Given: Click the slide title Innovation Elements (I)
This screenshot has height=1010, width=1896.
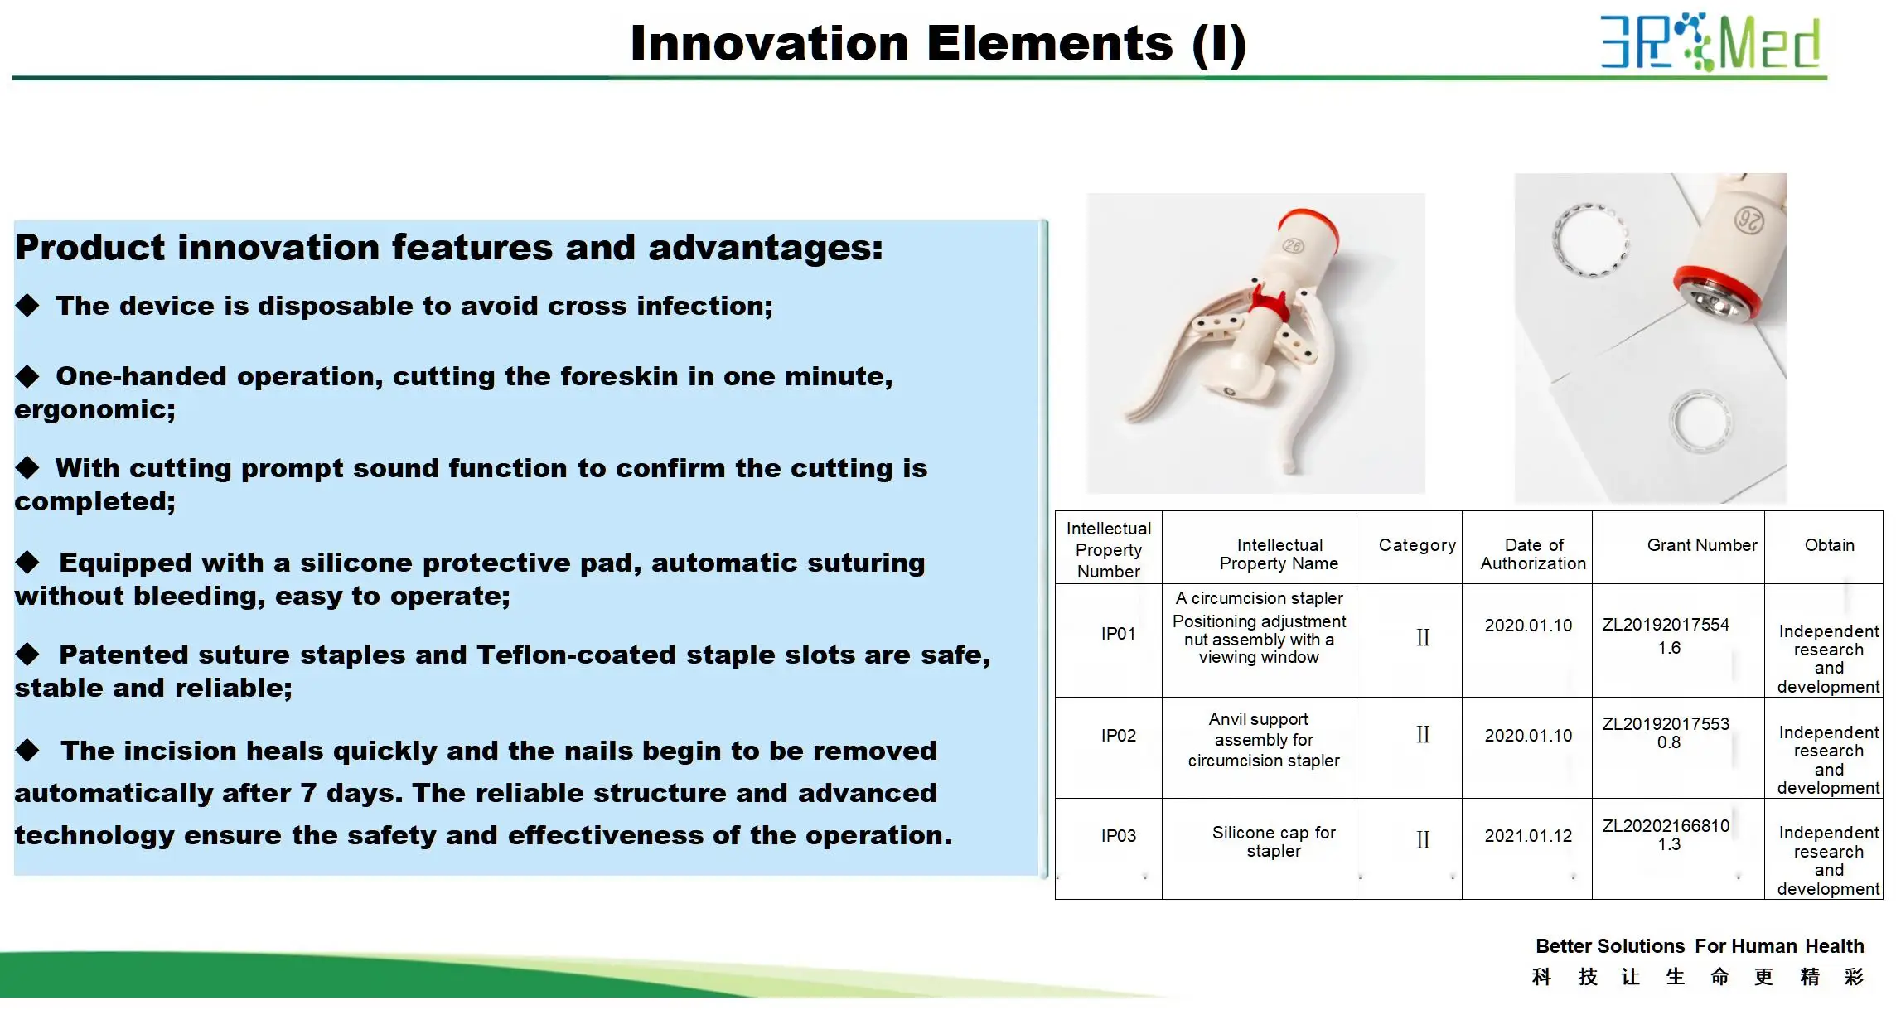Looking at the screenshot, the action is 938,43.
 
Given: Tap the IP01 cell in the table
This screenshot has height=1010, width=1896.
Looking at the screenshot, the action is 1118,634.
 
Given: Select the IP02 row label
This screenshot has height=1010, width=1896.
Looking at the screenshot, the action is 1118,736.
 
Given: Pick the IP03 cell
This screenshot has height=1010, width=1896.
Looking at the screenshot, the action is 1118,836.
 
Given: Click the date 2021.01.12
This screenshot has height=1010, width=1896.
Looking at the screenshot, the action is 1528,836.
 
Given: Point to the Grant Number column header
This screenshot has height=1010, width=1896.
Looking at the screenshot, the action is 1702,545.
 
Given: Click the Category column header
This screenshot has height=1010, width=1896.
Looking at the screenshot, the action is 1417,545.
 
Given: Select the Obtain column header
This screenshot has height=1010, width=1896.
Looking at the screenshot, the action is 1830,545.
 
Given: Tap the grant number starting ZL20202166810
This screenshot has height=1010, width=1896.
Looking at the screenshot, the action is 1666,834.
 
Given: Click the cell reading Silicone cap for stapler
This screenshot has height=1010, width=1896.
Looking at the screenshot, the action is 1274,841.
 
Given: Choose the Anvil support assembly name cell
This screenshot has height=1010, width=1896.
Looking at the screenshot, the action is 1264,740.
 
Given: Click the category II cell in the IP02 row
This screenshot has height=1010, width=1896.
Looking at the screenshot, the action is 1423,735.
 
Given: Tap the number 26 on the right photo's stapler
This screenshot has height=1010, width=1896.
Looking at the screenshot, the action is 1749,220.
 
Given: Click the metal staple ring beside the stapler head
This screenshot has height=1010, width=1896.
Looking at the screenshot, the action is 1590,239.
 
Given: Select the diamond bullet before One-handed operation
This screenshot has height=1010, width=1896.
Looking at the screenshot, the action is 27,376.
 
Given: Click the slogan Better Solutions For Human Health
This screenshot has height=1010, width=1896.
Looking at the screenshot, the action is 1700,946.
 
